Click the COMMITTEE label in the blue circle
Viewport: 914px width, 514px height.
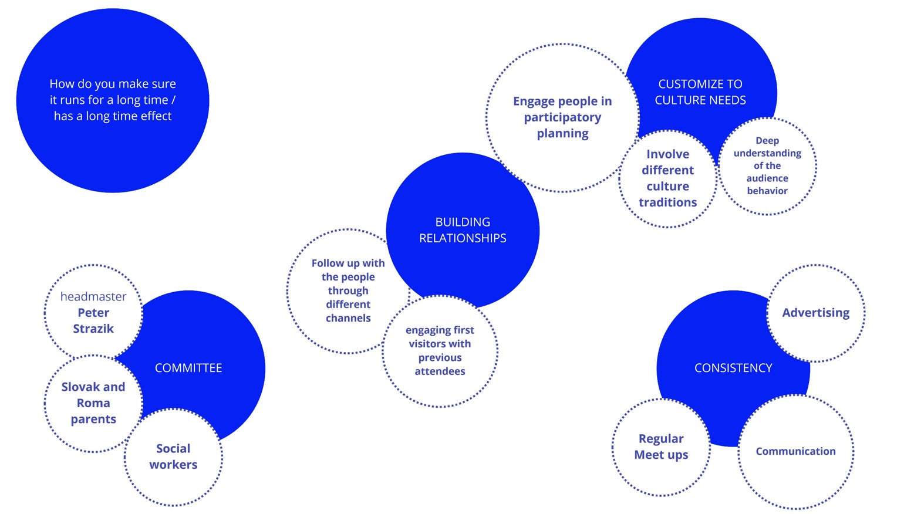point(188,368)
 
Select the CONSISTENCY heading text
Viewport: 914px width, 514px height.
point(733,368)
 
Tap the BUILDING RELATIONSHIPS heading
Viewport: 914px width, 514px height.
point(463,230)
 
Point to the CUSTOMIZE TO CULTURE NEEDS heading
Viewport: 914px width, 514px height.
point(700,92)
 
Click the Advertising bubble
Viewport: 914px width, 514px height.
point(815,313)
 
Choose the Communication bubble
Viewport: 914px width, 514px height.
point(795,451)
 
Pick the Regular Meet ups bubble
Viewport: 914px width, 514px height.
point(661,447)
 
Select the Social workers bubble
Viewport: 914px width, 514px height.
point(173,456)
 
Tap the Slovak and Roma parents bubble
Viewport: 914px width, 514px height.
point(93,403)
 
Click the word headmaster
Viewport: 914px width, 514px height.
point(93,296)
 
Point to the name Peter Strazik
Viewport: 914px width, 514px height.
point(93,321)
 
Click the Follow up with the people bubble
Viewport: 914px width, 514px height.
point(348,290)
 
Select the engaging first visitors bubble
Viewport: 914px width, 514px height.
point(440,350)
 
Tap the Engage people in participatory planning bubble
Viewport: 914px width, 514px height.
point(562,117)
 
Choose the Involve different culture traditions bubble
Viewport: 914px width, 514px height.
point(667,178)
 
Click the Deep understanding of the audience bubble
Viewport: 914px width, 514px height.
point(767,165)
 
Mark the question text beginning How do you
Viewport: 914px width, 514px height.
point(113,100)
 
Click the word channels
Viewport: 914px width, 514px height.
point(348,318)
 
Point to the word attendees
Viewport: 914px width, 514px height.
point(440,371)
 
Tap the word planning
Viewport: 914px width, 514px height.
point(562,133)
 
